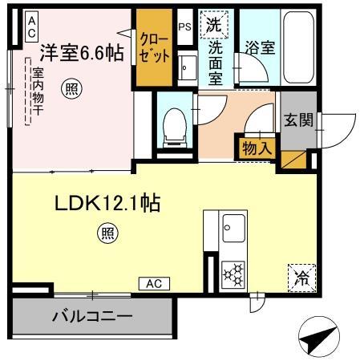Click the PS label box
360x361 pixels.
pyautogui.click(x=184, y=26)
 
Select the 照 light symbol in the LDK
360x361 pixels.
pyautogui.click(x=107, y=233)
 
